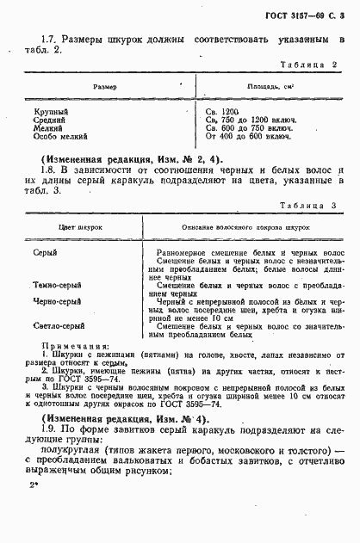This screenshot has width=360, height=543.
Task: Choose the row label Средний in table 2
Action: tap(50, 120)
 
